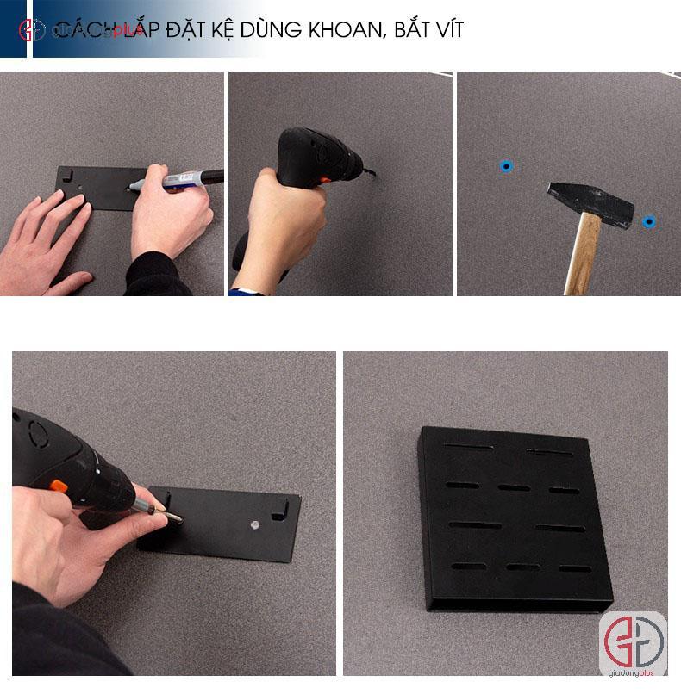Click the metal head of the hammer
590,203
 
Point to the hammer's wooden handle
584,255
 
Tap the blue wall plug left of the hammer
506,165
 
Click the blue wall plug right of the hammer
648,221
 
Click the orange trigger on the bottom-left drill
59,486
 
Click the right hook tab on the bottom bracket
278,508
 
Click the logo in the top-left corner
31,29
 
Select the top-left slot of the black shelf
468,447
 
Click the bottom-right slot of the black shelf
574,568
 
